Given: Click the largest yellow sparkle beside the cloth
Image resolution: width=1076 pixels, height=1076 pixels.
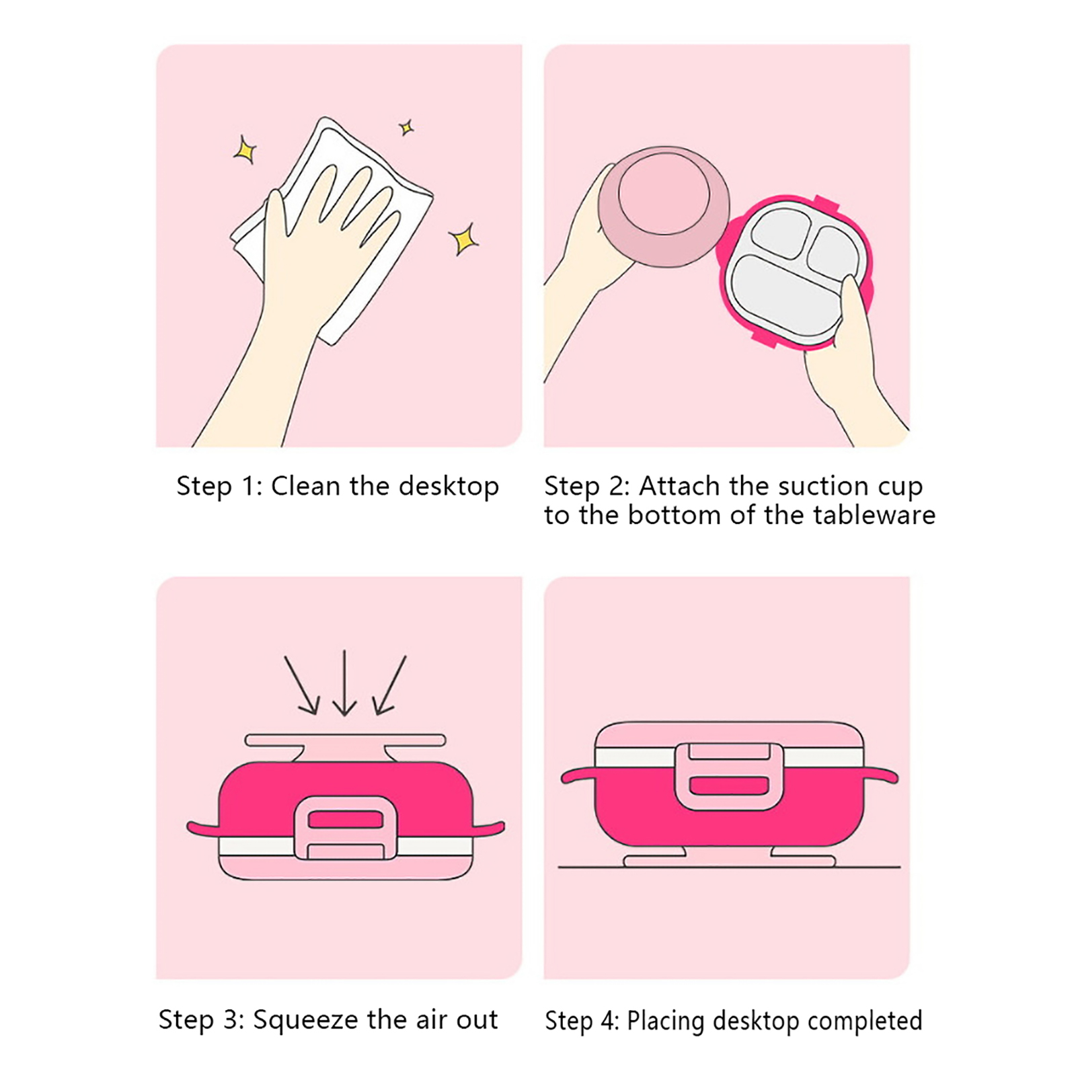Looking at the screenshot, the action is [463, 239].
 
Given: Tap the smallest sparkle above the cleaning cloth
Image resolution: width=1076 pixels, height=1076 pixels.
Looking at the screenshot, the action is [406, 127].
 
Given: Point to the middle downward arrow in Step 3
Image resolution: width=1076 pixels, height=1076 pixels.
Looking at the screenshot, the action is [344, 683].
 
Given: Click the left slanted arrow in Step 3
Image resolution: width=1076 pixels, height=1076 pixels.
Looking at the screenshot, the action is [301, 685].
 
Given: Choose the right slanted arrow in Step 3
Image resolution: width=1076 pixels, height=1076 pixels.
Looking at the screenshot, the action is [389, 685].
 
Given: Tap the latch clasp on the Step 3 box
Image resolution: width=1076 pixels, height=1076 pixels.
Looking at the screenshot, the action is [346, 828].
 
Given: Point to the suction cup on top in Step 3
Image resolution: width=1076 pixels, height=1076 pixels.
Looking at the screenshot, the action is [345, 746].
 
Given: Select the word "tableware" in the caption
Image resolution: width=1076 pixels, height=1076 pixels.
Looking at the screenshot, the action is [874, 515].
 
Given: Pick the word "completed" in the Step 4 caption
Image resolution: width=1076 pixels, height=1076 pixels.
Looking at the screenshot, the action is [865, 1021].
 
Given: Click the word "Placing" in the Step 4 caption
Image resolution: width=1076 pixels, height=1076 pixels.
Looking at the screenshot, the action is [666, 1022].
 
